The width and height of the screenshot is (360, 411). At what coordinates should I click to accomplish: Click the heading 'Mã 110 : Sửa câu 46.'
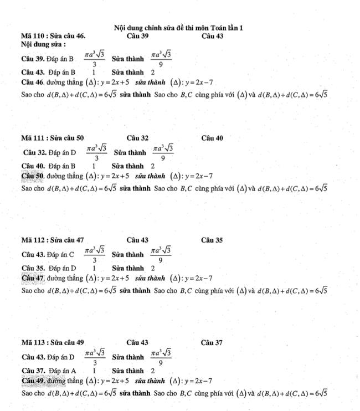tap(53, 36)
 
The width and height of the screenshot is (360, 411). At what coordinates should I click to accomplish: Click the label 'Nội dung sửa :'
tap(44, 44)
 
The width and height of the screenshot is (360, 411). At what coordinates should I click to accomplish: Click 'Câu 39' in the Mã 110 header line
tap(137, 36)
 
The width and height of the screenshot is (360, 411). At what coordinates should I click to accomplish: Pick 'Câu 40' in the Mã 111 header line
tap(213, 138)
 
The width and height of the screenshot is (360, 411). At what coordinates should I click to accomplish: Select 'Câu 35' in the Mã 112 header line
tap(213, 240)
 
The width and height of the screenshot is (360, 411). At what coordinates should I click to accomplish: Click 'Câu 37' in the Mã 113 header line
tap(213, 343)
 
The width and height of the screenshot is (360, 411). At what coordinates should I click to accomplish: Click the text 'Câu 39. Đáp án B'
tap(48, 58)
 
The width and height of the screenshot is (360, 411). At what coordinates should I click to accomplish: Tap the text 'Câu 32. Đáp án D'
tap(50, 152)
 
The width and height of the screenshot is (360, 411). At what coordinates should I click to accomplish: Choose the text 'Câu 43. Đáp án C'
tap(48, 255)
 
